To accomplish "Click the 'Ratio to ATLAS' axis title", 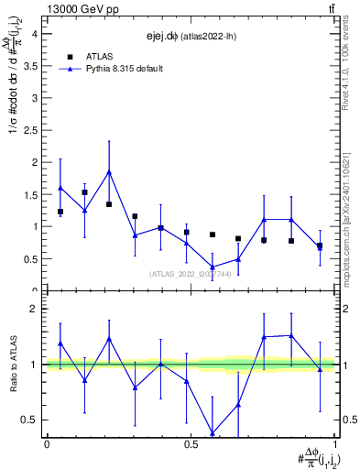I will click(x=12, y=363).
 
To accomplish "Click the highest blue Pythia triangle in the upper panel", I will click(x=109, y=171).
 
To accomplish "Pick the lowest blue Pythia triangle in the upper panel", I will click(x=213, y=267).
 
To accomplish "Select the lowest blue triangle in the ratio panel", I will click(x=213, y=432).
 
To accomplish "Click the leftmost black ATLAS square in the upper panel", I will click(x=60, y=212).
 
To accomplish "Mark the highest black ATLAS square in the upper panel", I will click(x=85, y=192).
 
